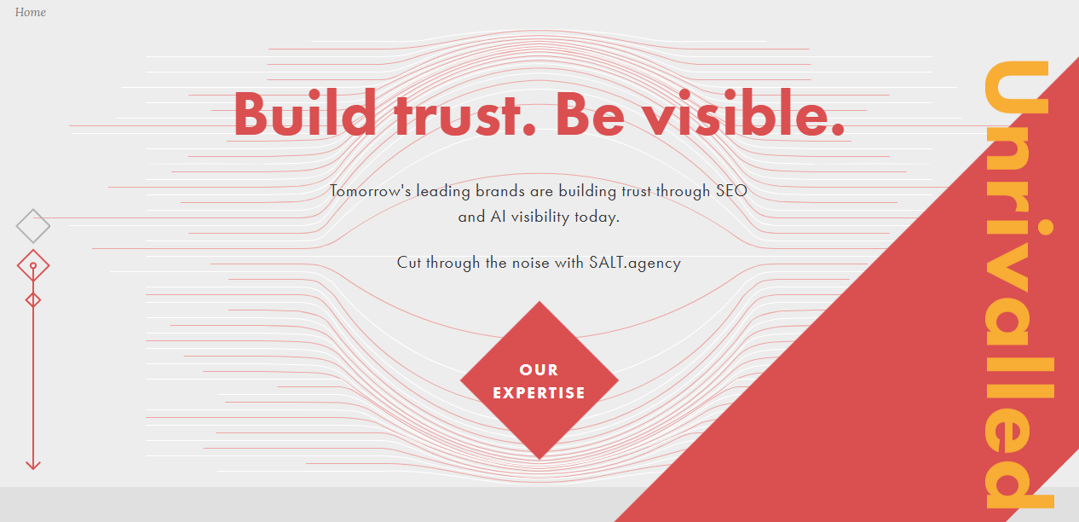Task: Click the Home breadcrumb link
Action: click(x=31, y=13)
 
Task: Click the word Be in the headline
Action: click(x=590, y=113)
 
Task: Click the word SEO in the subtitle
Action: click(x=731, y=191)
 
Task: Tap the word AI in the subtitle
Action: click(x=499, y=217)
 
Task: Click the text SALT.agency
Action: click(x=634, y=263)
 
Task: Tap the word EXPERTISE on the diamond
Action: click(x=539, y=393)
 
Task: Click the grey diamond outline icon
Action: click(x=33, y=226)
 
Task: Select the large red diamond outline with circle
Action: click(x=33, y=266)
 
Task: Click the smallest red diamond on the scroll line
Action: click(x=33, y=299)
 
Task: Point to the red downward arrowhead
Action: click(x=33, y=465)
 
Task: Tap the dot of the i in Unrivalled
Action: click(x=1047, y=227)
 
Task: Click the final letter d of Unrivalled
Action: click(x=1018, y=478)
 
